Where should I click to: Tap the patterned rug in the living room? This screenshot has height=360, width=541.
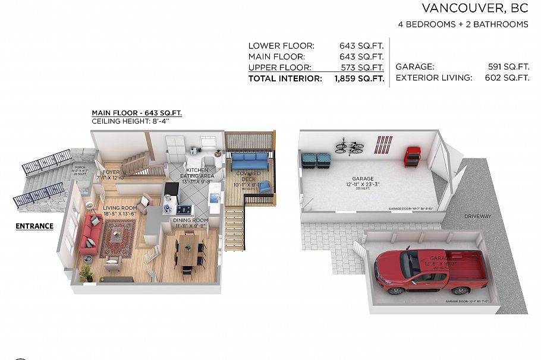point(118,237)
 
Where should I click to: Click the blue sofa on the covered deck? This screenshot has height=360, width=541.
point(250,160)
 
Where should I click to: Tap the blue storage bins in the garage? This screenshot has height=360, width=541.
point(316,160)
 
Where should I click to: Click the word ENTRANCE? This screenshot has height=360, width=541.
point(34,226)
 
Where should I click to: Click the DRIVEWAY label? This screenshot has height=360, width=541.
point(477,216)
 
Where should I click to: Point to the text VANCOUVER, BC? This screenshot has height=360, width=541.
point(474,8)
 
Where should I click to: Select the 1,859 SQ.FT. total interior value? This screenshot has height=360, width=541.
point(359,78)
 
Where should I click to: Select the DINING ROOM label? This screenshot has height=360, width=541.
point(190,220)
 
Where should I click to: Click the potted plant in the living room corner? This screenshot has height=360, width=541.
point(87,273)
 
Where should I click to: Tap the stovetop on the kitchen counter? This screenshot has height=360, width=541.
point(185,209)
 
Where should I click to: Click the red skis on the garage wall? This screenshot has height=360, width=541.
point(383,144)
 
